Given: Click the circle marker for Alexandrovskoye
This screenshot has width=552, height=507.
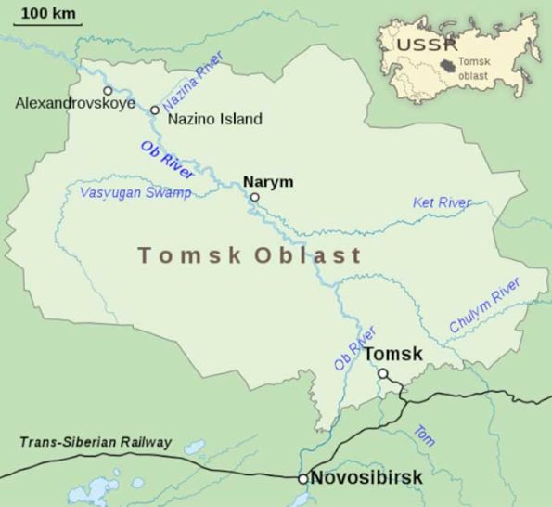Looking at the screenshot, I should click(x=108, y=90).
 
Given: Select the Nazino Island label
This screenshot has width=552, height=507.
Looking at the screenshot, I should click(x=214, y=119).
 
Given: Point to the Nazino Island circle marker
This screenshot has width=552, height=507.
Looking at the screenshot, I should click(x=155, y=110).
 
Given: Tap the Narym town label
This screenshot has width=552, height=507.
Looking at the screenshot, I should click(x=261, y=181).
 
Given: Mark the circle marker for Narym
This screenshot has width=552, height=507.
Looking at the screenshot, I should click(x=254, y=197).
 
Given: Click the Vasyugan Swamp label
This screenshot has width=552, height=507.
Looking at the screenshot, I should click(x=135, y=192).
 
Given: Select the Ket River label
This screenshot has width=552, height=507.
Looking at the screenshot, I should click(x=442, y=202).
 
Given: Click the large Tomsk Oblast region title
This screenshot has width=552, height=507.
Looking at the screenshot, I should click(x=249, y=254).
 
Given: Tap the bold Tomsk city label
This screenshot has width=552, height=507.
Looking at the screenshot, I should click(x=392, y=354).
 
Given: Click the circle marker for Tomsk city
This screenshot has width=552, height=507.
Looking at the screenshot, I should click(x=382, y=373).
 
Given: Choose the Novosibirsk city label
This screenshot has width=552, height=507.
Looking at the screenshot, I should click(x=366, y=477).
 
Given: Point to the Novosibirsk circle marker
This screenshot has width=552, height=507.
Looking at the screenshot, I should click(x=302, y=478).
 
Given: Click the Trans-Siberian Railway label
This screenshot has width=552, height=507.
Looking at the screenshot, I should click(x=96, y=441).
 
